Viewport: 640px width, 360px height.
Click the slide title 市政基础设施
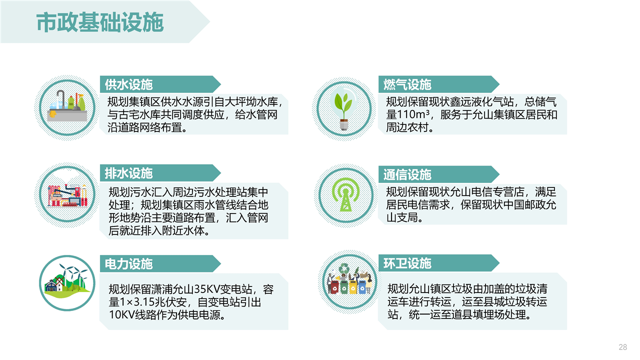pos(100,22)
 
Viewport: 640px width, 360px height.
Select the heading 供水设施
pos(128,84)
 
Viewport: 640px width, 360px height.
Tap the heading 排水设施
pos(128,173)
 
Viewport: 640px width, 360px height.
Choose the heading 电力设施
pos(128,263)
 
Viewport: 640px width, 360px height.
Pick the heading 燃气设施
pos(407,84)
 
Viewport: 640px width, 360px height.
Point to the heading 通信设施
pos(407,174)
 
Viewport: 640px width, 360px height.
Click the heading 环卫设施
pos(407,263)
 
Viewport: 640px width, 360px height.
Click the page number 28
pos(623,347)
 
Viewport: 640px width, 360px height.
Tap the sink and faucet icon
pos(67,107)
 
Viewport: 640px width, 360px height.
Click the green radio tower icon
pos(345,194)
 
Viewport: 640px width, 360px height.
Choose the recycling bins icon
pos(349,279)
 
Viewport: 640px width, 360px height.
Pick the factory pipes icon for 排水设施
pos(67,195)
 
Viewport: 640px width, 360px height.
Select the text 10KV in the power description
pos(122,315)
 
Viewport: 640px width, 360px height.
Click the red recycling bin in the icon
pos(333,287)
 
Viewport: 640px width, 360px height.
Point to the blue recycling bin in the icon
pos(362,287)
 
